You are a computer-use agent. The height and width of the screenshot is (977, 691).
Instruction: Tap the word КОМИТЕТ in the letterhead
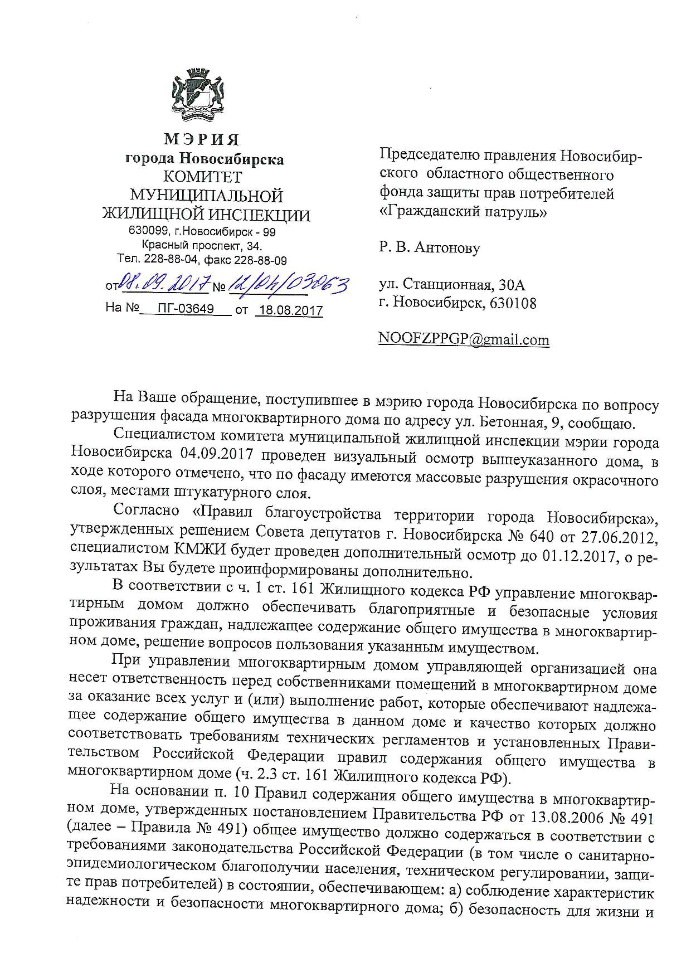[203, 177]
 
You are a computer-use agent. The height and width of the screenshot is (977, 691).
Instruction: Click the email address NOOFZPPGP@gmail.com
[464, 339]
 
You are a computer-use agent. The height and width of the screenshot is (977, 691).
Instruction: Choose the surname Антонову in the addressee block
[446, 247]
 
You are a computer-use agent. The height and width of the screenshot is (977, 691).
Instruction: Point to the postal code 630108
[510, 304]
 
